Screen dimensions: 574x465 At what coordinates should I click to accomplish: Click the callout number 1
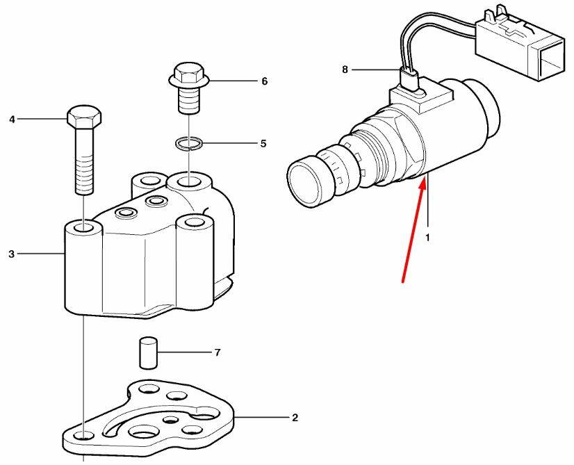pos(427,238)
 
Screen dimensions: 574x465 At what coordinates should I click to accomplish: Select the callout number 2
pos(295,418)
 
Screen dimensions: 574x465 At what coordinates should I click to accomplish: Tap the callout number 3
pos(12,254)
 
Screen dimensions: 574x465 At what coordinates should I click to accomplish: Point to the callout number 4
pos(12,120)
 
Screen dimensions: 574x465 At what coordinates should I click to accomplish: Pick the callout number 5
pos(263,143)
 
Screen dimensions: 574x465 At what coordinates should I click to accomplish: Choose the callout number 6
pos(264,81)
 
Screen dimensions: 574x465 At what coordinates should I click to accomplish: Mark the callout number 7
pos(218,352)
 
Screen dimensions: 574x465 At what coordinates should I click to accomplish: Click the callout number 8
pos(345,70)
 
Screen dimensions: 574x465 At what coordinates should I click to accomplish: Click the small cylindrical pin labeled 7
pos(149,353)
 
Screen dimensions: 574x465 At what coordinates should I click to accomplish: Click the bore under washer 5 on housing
pos(188,181)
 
